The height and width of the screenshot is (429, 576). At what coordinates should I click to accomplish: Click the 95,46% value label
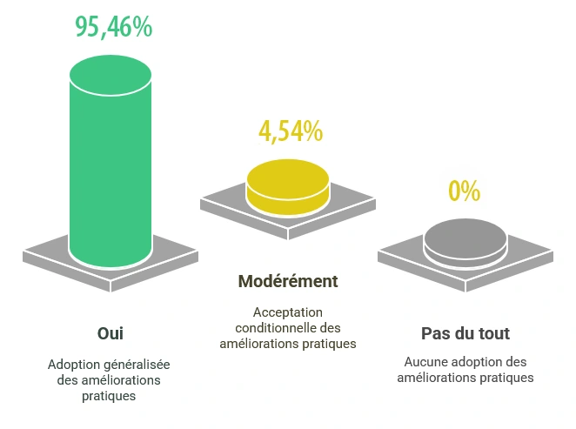click(113, 27)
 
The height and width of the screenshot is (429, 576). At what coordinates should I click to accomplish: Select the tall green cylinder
click(111, 174)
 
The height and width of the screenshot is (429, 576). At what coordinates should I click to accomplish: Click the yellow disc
click(288, 186)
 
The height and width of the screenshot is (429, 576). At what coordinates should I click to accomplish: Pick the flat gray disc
click(465, 239)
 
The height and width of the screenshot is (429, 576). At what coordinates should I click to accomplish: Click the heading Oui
click(110, 333)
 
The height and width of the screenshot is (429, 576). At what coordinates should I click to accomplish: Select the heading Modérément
click(288, 282)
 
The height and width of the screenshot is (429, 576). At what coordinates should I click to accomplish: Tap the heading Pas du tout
click(465, 333)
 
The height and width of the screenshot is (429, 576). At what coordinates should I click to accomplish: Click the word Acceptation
click(288, 312)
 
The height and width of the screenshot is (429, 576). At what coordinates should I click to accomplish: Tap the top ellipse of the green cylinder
click(111, 75)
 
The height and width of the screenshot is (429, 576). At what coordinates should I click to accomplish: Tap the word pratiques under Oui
click(110, 395)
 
